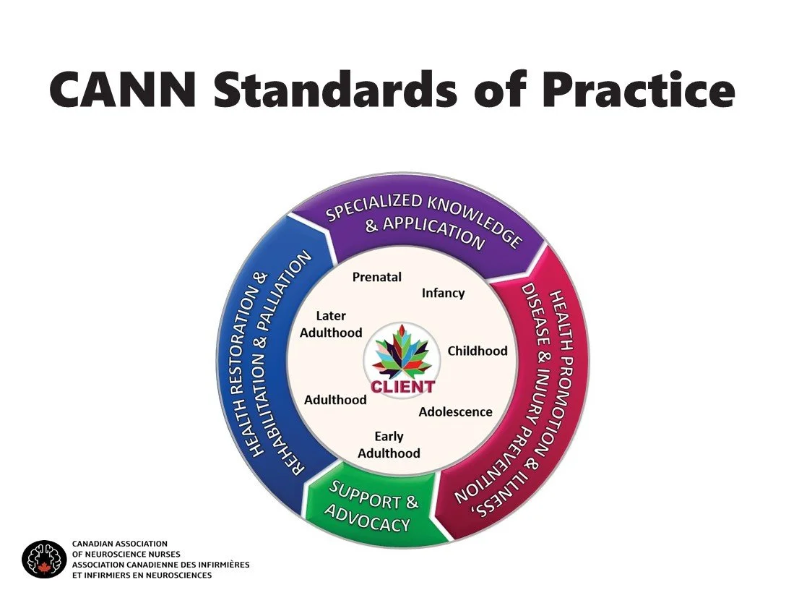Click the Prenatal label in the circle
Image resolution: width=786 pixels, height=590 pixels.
376,277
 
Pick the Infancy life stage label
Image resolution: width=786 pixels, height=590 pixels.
443,293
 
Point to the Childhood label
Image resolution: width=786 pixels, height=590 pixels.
478,351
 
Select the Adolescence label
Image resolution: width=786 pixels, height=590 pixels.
455,412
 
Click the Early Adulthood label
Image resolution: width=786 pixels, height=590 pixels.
389,445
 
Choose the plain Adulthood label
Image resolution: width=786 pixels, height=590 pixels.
335,399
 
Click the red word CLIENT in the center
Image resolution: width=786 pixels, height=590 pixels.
402,386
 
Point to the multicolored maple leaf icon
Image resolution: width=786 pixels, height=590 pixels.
402,354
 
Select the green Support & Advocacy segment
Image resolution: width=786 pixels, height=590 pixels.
373,510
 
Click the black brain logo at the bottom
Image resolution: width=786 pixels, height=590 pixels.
44,559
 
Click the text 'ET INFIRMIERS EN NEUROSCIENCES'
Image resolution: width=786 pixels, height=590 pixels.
142,576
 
